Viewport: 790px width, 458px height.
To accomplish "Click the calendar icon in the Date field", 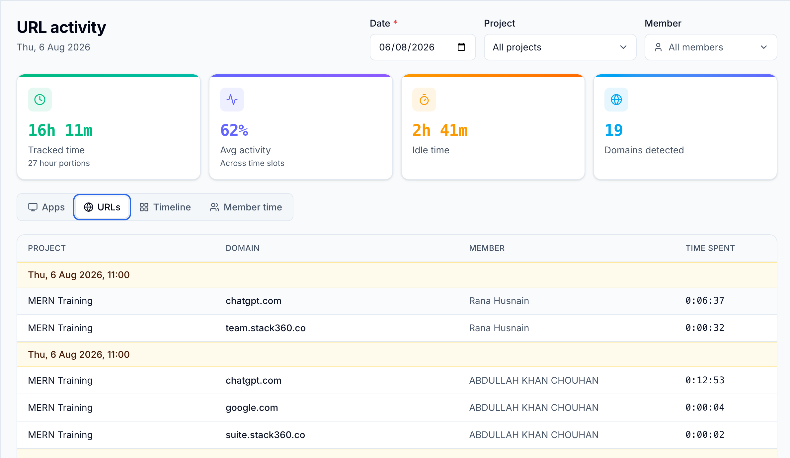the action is (x=461, y=47).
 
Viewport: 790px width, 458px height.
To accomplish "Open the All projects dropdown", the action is (x=560, y=47).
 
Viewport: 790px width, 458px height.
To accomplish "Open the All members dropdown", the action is (x=711, y=47).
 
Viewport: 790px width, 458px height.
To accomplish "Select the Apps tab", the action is (x=46, y=207).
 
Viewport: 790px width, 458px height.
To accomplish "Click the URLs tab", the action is (x=102, y=207).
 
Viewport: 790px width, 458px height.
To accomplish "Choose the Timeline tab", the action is (x=165, y=207).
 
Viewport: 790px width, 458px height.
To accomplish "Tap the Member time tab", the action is (x=246, y=207).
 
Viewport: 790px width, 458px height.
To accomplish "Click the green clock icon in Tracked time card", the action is (x=40, y=100).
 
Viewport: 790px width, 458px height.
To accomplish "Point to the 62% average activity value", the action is (x=234, y=130).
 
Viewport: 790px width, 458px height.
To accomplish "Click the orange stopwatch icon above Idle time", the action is (x=424, y=100).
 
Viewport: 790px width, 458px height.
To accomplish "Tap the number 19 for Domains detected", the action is (x=614, y=130).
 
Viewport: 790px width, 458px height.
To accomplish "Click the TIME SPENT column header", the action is (x=710, y=248).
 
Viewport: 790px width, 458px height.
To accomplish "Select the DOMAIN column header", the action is (x=243, y=248).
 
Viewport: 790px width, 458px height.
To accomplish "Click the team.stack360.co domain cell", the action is (x=266, y=328).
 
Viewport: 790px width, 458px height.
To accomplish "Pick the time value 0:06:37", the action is (x=705, y=301).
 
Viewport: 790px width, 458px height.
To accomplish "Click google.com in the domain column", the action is (x=252, y=408).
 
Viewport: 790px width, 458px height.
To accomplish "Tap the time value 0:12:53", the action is (x=705, y=380).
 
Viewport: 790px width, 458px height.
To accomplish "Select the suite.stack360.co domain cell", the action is (x=265, y=435).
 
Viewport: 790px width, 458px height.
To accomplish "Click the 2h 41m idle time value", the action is (x=440, y=130).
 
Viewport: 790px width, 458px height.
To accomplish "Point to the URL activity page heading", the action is (x=61, y=27).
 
